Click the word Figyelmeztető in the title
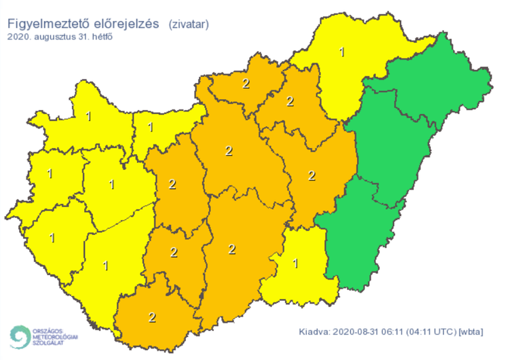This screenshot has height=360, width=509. point(46,24)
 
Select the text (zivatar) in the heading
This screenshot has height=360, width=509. point(189,24)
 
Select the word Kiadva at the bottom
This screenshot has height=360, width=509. point(314,332)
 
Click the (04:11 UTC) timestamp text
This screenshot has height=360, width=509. point(430,332)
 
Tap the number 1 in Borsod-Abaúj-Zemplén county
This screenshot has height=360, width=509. point(342,52)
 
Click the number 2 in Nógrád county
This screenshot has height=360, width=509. point(245,84)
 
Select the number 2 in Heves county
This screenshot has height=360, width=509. point(290,102)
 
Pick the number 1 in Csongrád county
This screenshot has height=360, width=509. point(295,264)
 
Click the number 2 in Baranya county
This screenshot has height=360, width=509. point(152,317)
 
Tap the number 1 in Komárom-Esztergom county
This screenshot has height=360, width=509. point(150,127)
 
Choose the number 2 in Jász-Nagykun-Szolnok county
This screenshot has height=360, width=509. point(312,176)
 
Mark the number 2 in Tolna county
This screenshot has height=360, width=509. point(174,253)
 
